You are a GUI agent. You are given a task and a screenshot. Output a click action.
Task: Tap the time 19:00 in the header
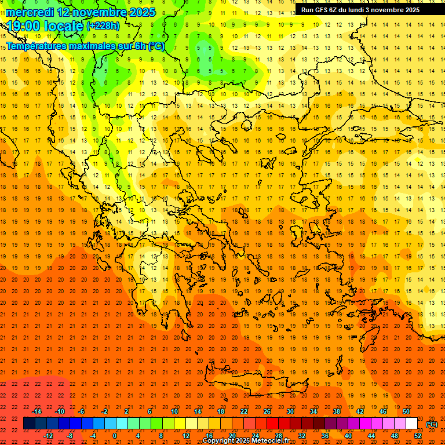click(24, 25)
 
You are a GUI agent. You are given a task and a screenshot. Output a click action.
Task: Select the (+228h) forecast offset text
click(103, 26)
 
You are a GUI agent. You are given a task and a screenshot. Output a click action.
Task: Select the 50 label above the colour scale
click(406, 411)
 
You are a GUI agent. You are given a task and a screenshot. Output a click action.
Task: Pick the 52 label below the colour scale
click(418, 436)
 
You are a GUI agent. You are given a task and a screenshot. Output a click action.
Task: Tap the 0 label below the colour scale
click(115, 436)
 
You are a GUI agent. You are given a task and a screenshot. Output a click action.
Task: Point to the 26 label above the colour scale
click(267, 411)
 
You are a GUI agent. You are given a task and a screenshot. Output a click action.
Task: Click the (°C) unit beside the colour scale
click(431, 424)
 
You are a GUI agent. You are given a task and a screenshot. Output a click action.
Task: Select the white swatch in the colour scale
click(411, 424)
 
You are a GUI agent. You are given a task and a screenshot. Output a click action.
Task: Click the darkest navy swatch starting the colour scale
click(29, 424)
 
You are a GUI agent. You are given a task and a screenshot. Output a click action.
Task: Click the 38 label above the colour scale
click(337, 411)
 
